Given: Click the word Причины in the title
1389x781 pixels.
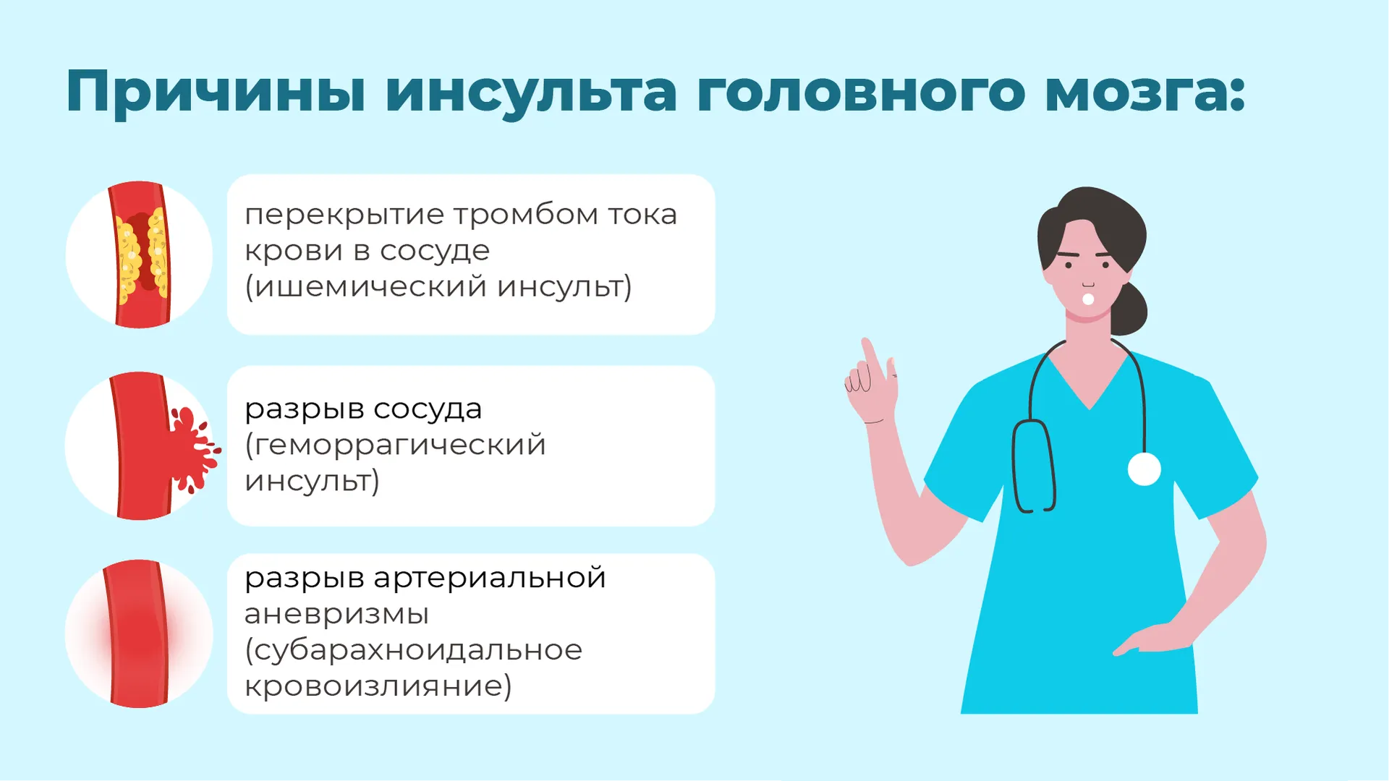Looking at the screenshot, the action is coord(216,92).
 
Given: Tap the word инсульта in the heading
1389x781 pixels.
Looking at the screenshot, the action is coord(531,93).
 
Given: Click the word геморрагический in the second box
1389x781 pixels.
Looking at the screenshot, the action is coord(400,445).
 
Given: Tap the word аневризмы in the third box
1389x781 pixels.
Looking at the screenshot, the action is coord(336,615).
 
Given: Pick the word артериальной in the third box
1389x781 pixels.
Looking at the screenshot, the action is coord(490,579).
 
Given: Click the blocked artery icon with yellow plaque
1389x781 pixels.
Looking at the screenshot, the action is coord(140,254).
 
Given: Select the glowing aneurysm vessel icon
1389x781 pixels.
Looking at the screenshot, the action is coord(138,633).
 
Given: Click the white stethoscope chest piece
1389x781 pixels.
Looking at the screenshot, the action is coord(1144,469).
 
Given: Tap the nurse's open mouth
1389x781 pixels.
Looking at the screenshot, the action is coord(1088,299).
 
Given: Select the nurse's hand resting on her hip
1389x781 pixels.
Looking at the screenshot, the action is coord(1150,640).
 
